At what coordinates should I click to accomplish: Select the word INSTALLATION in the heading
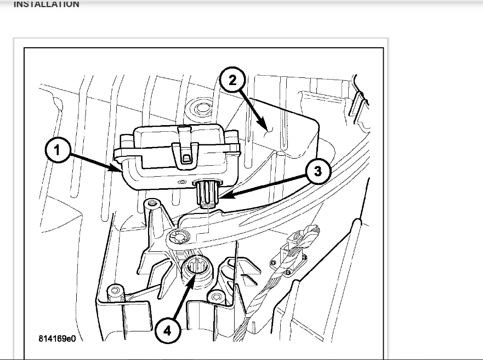[46, 4]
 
